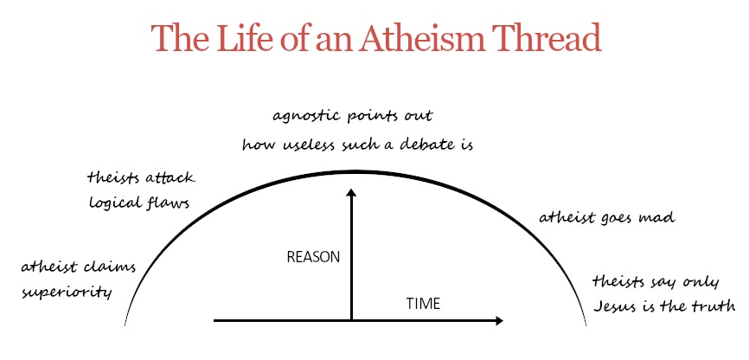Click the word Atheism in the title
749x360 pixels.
point(420,37)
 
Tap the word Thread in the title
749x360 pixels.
point(545,37)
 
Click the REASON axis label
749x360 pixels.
point(313,257)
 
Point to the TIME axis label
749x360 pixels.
point(423,304)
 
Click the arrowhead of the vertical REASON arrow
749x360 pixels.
point(351,192)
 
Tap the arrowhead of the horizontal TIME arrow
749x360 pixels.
point(500,321)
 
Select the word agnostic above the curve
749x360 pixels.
point(304,117)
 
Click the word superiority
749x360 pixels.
point(67,292)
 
